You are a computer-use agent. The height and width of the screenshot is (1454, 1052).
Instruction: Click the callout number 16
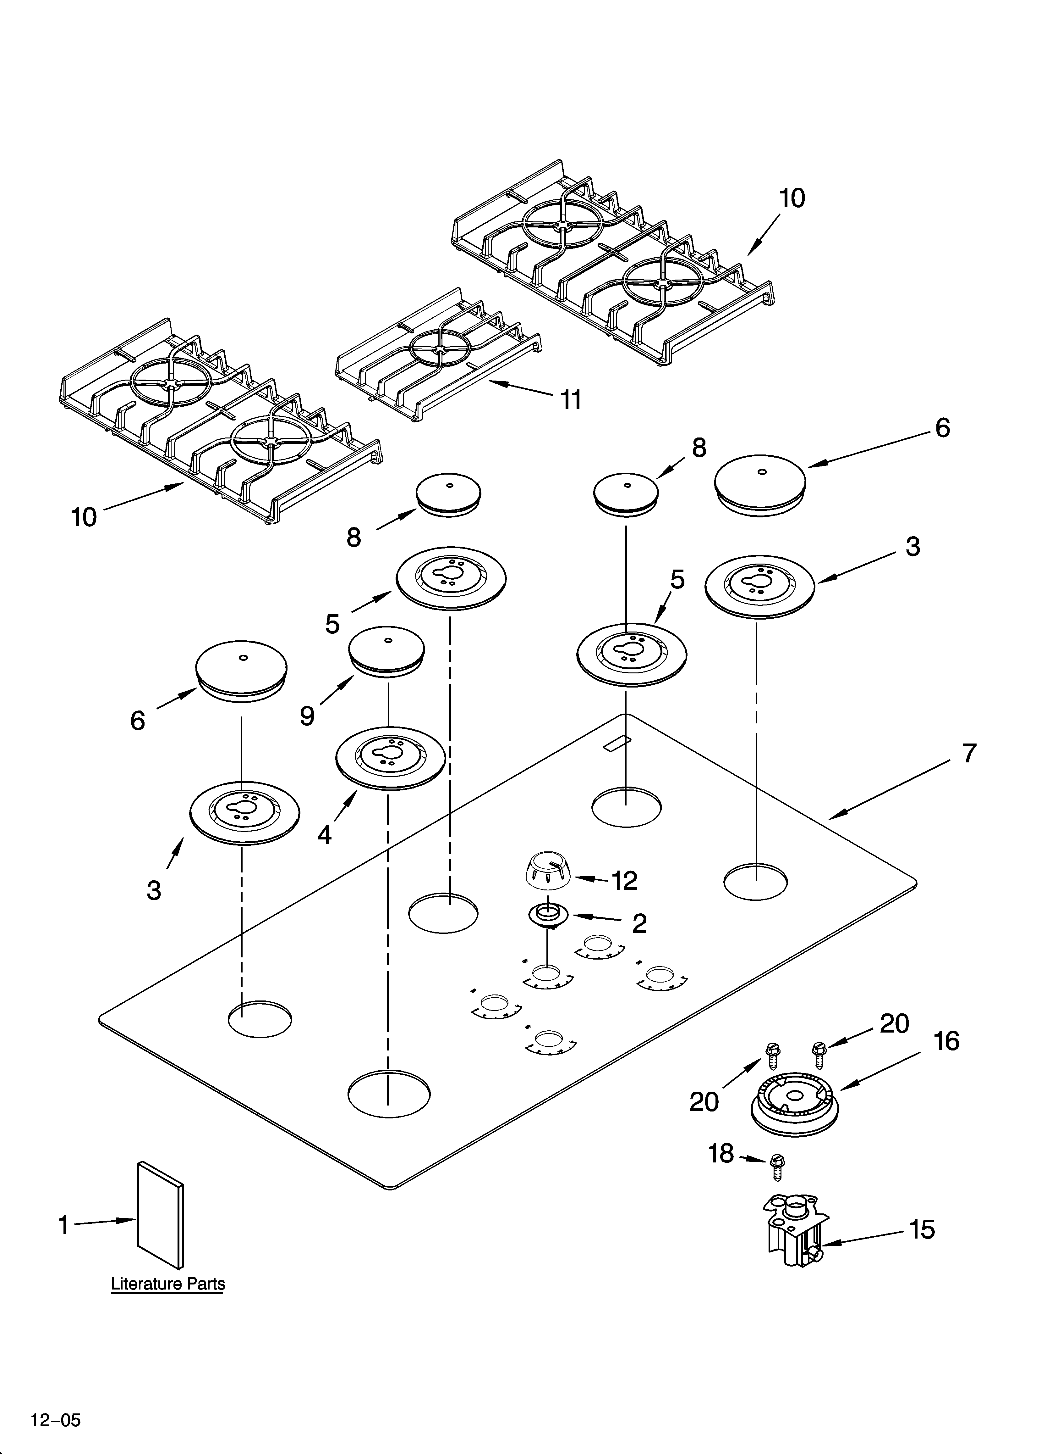pos(946,1042)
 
